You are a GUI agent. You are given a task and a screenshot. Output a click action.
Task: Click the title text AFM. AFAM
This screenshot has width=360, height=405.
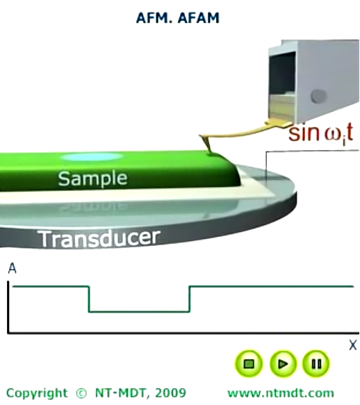tap(178, 18)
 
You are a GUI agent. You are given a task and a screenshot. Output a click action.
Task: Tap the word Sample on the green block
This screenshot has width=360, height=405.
tap(92, 179)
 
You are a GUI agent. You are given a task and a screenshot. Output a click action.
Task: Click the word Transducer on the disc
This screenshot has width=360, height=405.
tap(99, 238)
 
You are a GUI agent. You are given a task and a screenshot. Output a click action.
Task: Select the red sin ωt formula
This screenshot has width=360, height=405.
tap(320, 134)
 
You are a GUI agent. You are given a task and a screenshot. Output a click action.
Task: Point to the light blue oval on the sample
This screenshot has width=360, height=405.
tap(92, 156)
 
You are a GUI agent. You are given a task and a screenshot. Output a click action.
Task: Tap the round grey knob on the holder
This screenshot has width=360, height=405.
tap(318, 96)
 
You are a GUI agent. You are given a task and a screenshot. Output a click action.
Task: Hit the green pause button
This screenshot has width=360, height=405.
tap(316, 364)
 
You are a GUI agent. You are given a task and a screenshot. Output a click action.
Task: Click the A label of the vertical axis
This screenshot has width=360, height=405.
tap(12, 268)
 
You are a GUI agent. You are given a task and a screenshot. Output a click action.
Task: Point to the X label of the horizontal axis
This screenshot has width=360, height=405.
tap(353, 345)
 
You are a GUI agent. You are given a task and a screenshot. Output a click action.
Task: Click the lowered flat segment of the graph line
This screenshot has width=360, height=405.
tap(139, 312)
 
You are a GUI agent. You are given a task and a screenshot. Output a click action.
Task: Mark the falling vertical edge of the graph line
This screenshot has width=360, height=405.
tap(89, 299)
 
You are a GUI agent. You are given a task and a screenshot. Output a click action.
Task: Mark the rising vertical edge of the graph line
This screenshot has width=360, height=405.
tap(190, 299)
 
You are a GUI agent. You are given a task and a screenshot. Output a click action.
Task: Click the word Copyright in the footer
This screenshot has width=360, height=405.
tap(37, 393)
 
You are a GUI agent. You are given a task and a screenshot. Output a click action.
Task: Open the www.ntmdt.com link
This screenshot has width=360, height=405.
tap(281, 393)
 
